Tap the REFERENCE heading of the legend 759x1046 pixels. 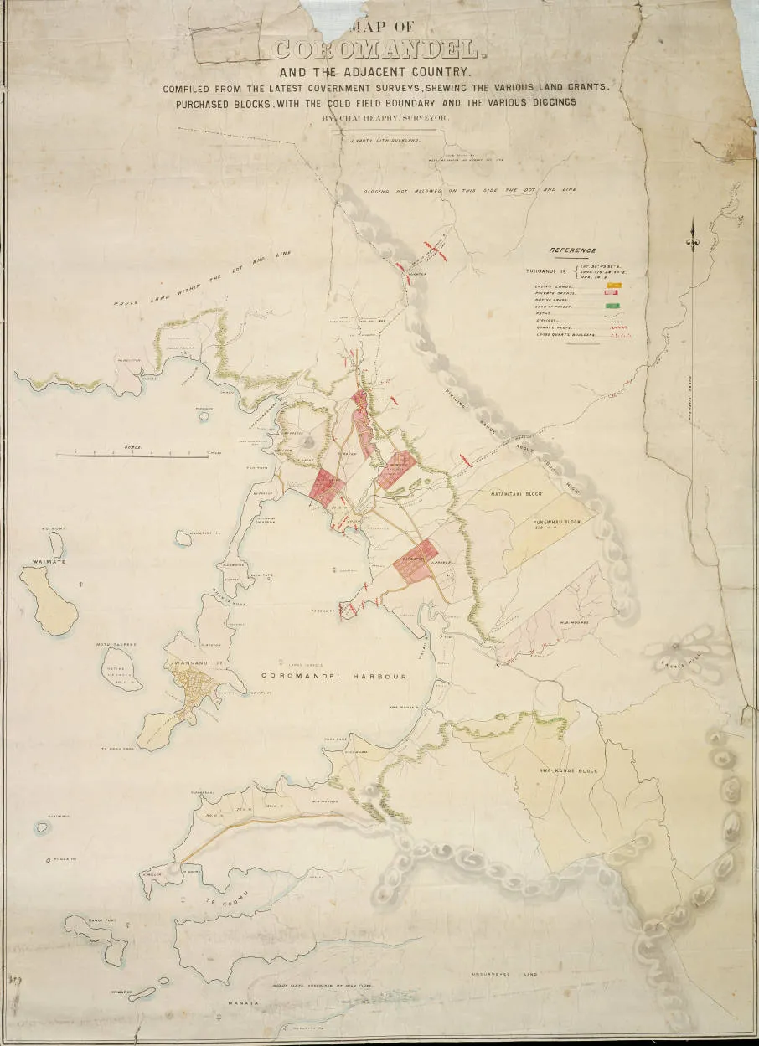[573, 250]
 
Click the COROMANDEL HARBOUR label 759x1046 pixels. [333, 676]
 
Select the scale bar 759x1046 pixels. [132, 455]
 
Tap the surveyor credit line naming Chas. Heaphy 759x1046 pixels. [385, 118]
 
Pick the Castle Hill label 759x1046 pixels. [675, 664]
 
